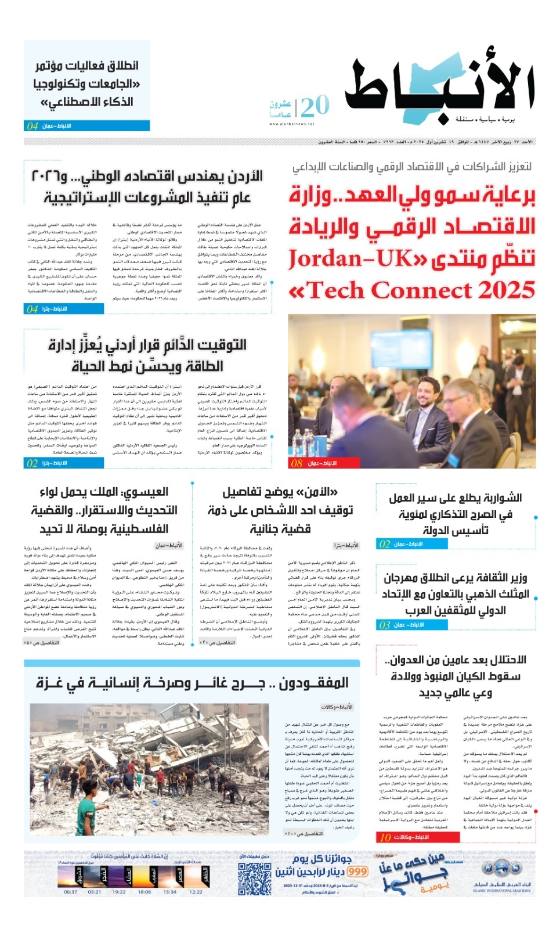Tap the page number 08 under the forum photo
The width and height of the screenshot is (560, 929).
tap(297, 463)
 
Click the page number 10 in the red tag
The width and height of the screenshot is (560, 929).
tap(385, 837)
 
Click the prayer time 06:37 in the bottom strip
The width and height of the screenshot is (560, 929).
tap(70, 892)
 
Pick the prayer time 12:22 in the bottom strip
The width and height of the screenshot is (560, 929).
tap(196, 892)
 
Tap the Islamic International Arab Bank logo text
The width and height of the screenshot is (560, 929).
tap(501, 888)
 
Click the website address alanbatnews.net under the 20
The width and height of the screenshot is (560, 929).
tap(299, 124)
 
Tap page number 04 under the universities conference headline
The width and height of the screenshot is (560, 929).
tap(32, 126)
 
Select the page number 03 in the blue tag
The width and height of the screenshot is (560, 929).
tap(384, 625)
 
